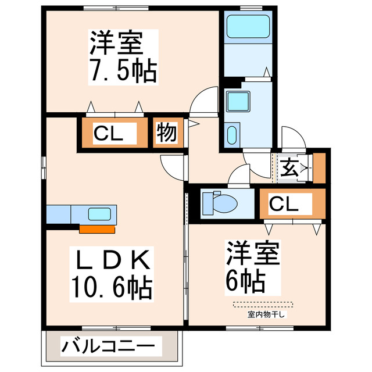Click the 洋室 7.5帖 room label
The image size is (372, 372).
[122, 56]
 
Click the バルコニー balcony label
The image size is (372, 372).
[109, 348]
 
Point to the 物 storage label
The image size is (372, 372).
[166, 133]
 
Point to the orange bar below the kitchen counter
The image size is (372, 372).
[96, 228]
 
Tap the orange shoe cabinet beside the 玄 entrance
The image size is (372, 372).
[319, 167]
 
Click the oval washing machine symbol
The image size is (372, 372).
[232, 135]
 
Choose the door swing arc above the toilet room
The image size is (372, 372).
[239, 175]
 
